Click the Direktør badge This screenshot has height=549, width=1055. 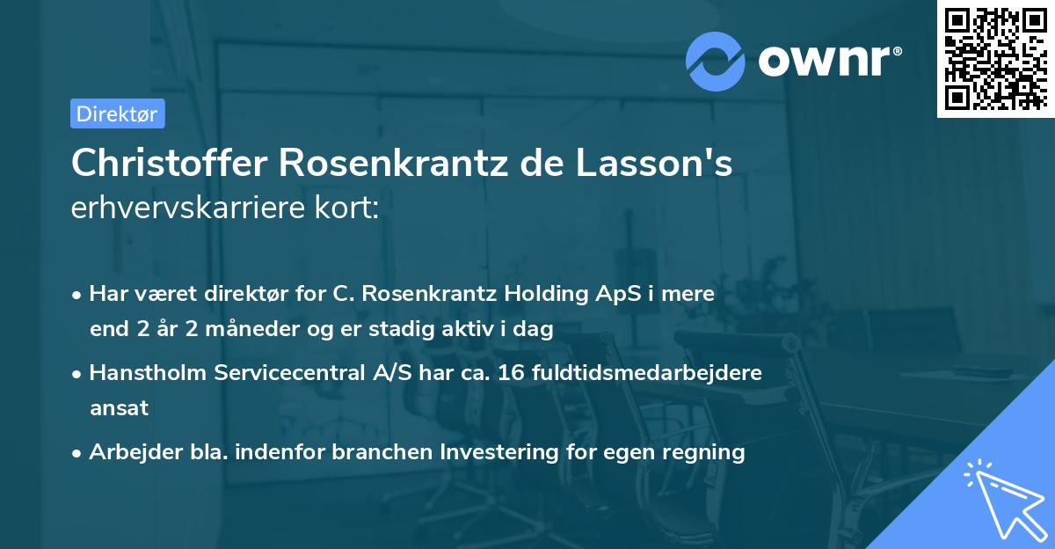tap(117, 113)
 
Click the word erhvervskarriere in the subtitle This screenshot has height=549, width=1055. tap(186, 208)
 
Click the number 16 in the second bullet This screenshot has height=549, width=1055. tap(511, 373)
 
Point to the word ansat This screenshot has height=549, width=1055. tap(119, 408)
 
